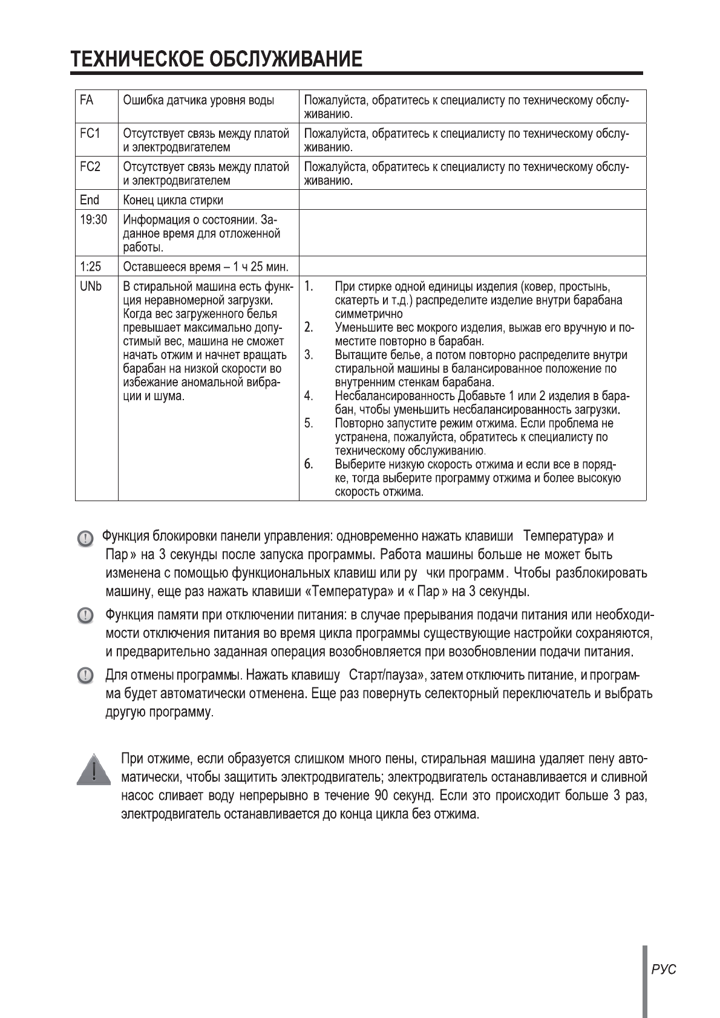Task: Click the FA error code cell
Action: [x=87, y=100]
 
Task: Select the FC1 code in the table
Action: [x=90, y=133]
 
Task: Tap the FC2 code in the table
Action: [x=90, y=166]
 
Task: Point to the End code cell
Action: [x=89, y=199]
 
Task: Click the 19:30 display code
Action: [x=93, y=219]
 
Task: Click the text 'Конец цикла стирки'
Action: [x=173, y=200]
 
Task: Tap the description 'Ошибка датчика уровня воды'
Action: [x=198, y=100]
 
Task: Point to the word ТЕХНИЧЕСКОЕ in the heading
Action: [x=137, y=59]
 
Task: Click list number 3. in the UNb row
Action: [x=309, y=355]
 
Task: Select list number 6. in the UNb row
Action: [x=309, y=464]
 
